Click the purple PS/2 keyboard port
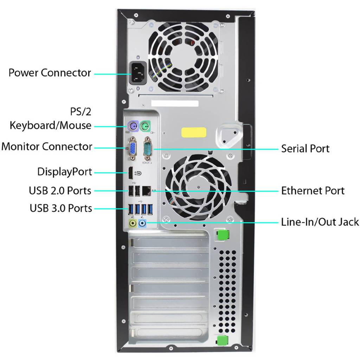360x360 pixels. [133, 126]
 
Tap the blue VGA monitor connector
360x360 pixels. [133, 148]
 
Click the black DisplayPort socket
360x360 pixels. [130, 173]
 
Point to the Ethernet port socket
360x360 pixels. [147, 191]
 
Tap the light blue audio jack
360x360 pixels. [143, 223]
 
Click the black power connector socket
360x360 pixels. [138, 73]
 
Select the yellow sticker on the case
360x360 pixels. [194, 133]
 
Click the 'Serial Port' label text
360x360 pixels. [305, 149]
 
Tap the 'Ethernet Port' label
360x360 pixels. [313, 191]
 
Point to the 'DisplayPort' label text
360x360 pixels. [65, 172]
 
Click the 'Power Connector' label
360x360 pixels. [50, 72]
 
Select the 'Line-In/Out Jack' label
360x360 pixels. [320, 222]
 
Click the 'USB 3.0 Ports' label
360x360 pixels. [61, 208]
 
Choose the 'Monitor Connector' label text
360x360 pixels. [47, 147]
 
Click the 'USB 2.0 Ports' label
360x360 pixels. [60, 191]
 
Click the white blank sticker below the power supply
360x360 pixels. [175, 103]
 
